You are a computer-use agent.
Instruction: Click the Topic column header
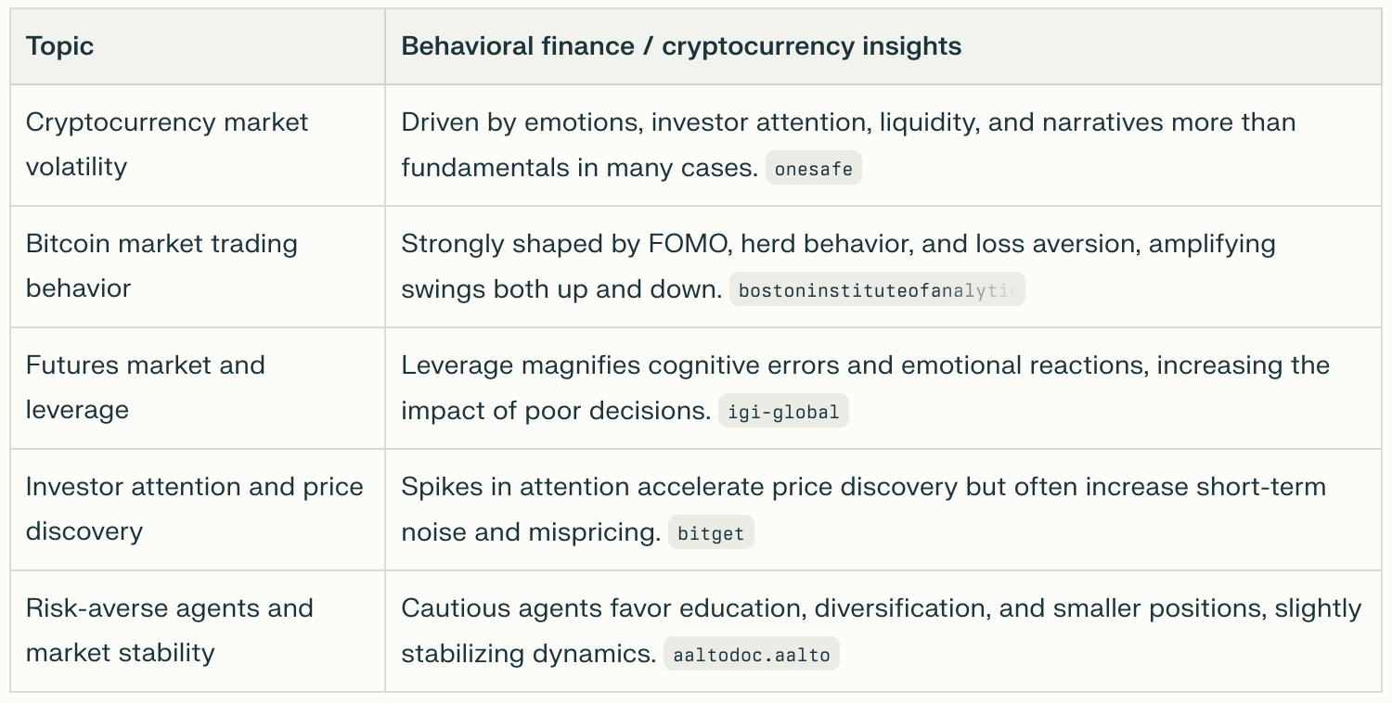point(59,46)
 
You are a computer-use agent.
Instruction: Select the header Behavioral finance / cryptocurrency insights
point(680,46)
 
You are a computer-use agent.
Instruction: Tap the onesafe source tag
point(813,169)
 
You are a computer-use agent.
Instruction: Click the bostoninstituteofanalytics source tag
point(876,290)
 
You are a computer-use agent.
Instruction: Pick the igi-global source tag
point(783,412)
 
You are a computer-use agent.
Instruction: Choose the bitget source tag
point(711,533)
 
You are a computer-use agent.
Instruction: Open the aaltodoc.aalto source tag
point(752,655)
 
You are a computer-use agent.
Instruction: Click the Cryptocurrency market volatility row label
point(167,145)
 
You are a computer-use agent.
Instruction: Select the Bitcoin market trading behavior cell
point(161,266)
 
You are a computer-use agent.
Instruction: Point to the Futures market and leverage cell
point(145,388)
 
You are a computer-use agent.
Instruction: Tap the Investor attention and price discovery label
point(194,509)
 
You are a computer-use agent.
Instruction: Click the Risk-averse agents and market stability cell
point(169,631)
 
